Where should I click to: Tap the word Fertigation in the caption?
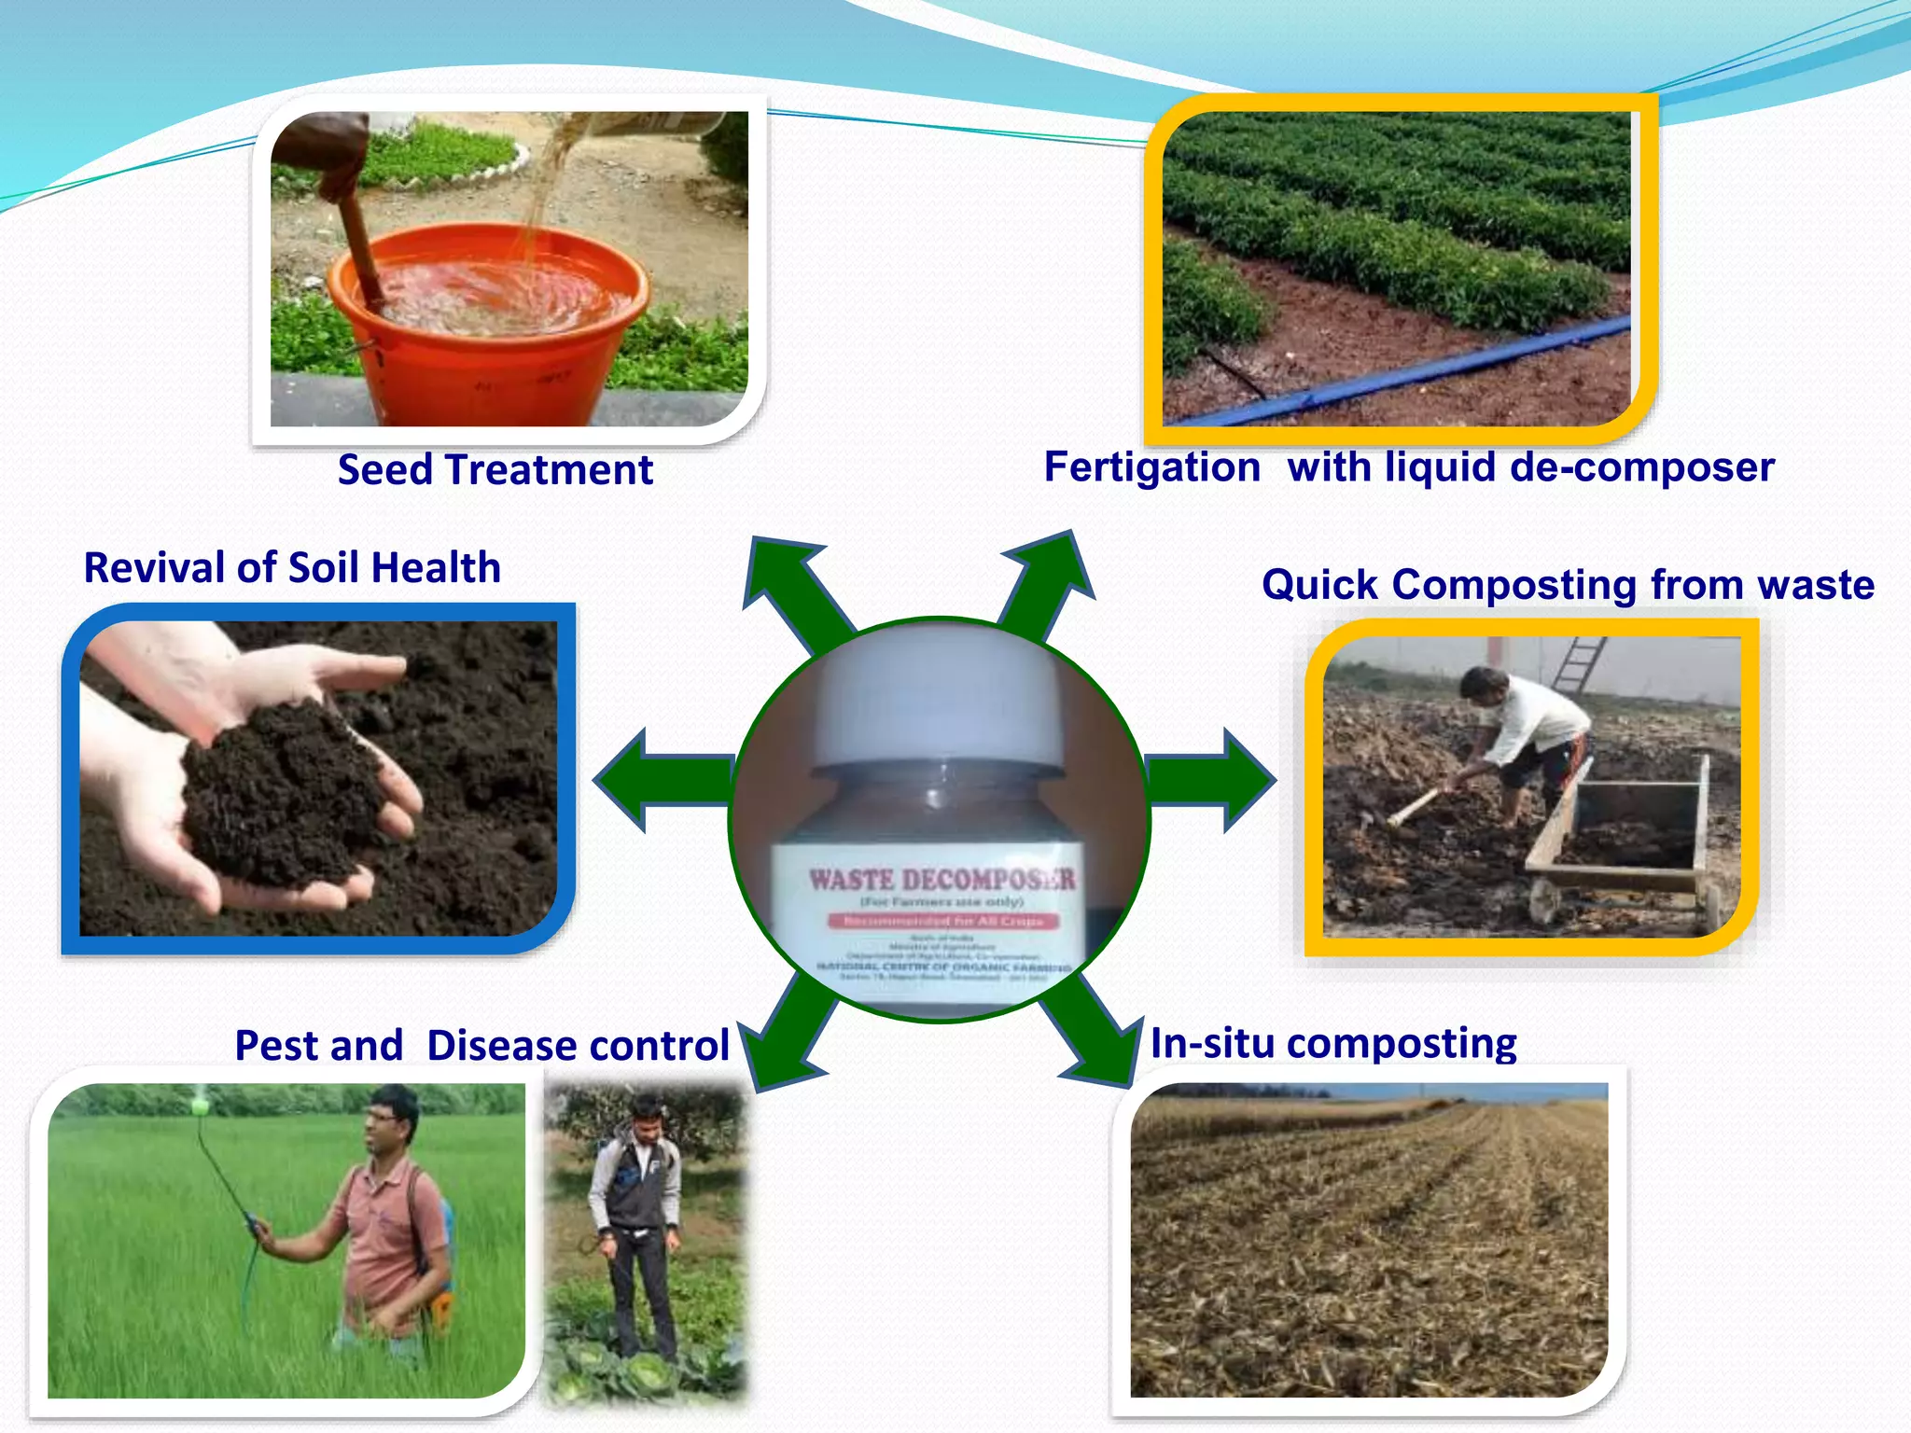tap(1151, 467)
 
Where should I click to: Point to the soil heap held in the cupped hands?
tap(280, 793)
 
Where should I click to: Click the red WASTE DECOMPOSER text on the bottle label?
tap(941, 880)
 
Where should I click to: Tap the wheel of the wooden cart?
tap(1544, 900)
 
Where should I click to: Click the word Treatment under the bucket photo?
tap(549, 470)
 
